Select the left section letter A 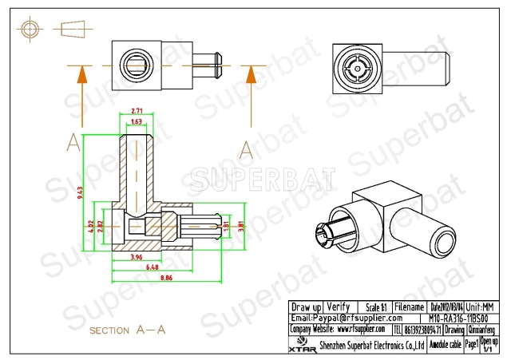pos(73,144)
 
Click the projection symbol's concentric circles pos(30,29)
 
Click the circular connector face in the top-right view pos(354,61)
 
